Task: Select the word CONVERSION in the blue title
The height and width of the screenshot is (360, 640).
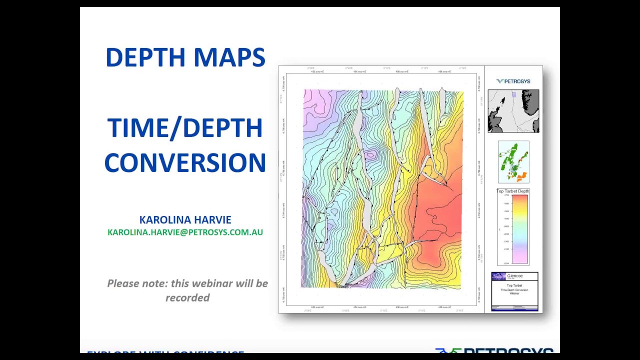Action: (185, 163)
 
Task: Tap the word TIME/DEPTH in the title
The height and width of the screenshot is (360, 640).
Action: (185, 128)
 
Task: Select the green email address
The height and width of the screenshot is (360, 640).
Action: (185, 232)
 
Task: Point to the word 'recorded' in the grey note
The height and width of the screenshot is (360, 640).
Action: (187, 297)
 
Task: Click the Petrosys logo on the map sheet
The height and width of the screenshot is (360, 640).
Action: (513, 81)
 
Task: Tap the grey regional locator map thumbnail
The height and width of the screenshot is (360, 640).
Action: (513, 111)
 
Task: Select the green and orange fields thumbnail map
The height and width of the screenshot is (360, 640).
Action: (513, 162)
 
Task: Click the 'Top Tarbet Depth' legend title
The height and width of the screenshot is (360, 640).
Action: (513, 191)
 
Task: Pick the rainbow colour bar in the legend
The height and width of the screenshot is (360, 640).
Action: (520, 229)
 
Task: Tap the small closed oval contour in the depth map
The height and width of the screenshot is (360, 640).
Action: (370, 155)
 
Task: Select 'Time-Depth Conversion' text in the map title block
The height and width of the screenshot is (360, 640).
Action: (514, 290)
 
